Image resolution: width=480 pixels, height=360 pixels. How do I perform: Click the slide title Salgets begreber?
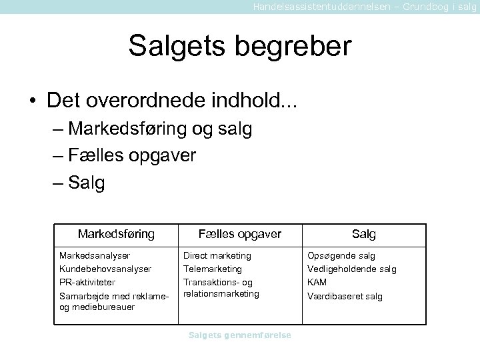click(239, 46)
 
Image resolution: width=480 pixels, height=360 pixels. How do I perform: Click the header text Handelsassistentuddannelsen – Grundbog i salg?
click(365, 6)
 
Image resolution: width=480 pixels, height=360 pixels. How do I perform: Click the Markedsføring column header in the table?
click(116, 234)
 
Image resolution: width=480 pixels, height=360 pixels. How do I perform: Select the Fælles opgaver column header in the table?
click(240, 234)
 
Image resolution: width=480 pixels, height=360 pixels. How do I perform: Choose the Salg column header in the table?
click(364, 234)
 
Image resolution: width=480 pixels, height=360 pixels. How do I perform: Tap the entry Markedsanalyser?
click(95, 255)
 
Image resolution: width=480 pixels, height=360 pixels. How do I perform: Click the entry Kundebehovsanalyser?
click(105, 269)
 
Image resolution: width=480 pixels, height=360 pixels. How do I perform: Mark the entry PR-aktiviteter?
click(87, 282)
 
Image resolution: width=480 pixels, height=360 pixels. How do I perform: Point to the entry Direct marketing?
click(217, 255)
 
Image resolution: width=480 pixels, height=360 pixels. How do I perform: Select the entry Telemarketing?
click(213, 269)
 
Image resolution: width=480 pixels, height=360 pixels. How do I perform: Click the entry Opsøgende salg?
click(341, 255)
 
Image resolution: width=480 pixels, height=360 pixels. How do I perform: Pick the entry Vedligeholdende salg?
click(351, 269)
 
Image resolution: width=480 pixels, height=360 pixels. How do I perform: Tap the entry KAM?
click(317, 282)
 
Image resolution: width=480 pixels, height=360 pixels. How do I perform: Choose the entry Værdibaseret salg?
click(345, 295)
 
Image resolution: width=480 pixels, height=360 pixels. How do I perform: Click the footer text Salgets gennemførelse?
click(240, 335)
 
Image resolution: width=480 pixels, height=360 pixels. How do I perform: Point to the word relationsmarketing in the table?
click(221, 293)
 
